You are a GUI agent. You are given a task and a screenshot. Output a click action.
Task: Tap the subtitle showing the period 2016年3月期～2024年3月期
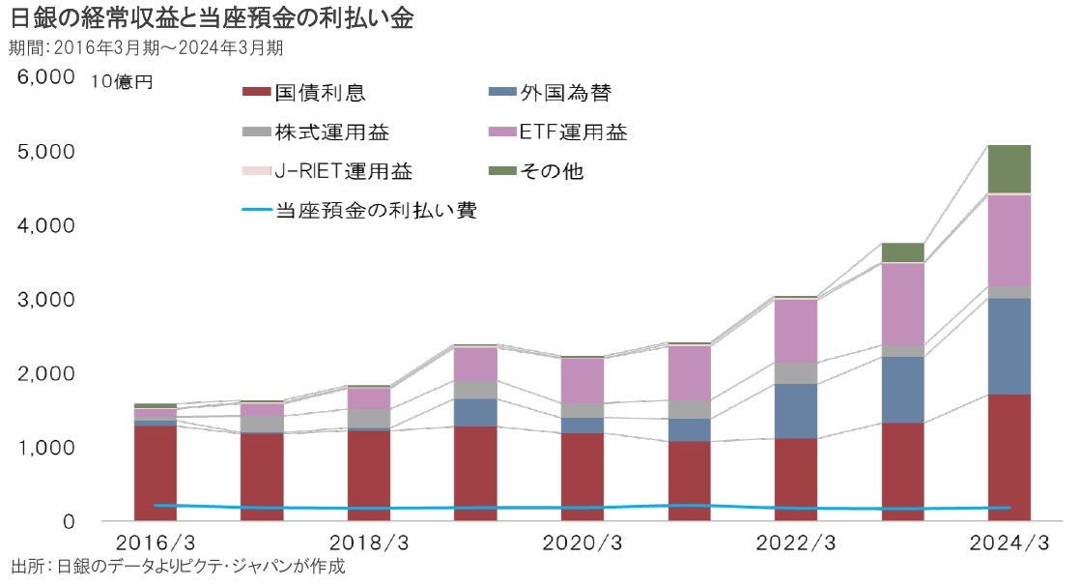145,47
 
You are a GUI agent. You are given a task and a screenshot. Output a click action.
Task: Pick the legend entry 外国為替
565,94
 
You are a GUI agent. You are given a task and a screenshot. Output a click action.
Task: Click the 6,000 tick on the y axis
43,77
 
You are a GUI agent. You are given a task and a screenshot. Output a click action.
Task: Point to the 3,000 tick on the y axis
43,300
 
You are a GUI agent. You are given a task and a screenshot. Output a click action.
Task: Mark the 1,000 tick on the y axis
43,448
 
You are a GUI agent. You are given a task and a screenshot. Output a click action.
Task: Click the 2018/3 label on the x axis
363,543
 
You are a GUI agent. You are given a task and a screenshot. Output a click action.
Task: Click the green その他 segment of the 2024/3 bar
1010,169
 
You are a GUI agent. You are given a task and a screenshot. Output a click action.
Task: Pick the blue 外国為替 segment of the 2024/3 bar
1010,345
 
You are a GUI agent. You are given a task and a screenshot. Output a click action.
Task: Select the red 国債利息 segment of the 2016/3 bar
156,474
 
